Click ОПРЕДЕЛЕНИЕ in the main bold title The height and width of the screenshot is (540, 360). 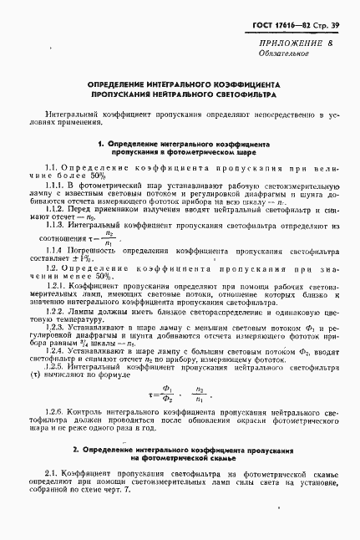click(121, 85)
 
